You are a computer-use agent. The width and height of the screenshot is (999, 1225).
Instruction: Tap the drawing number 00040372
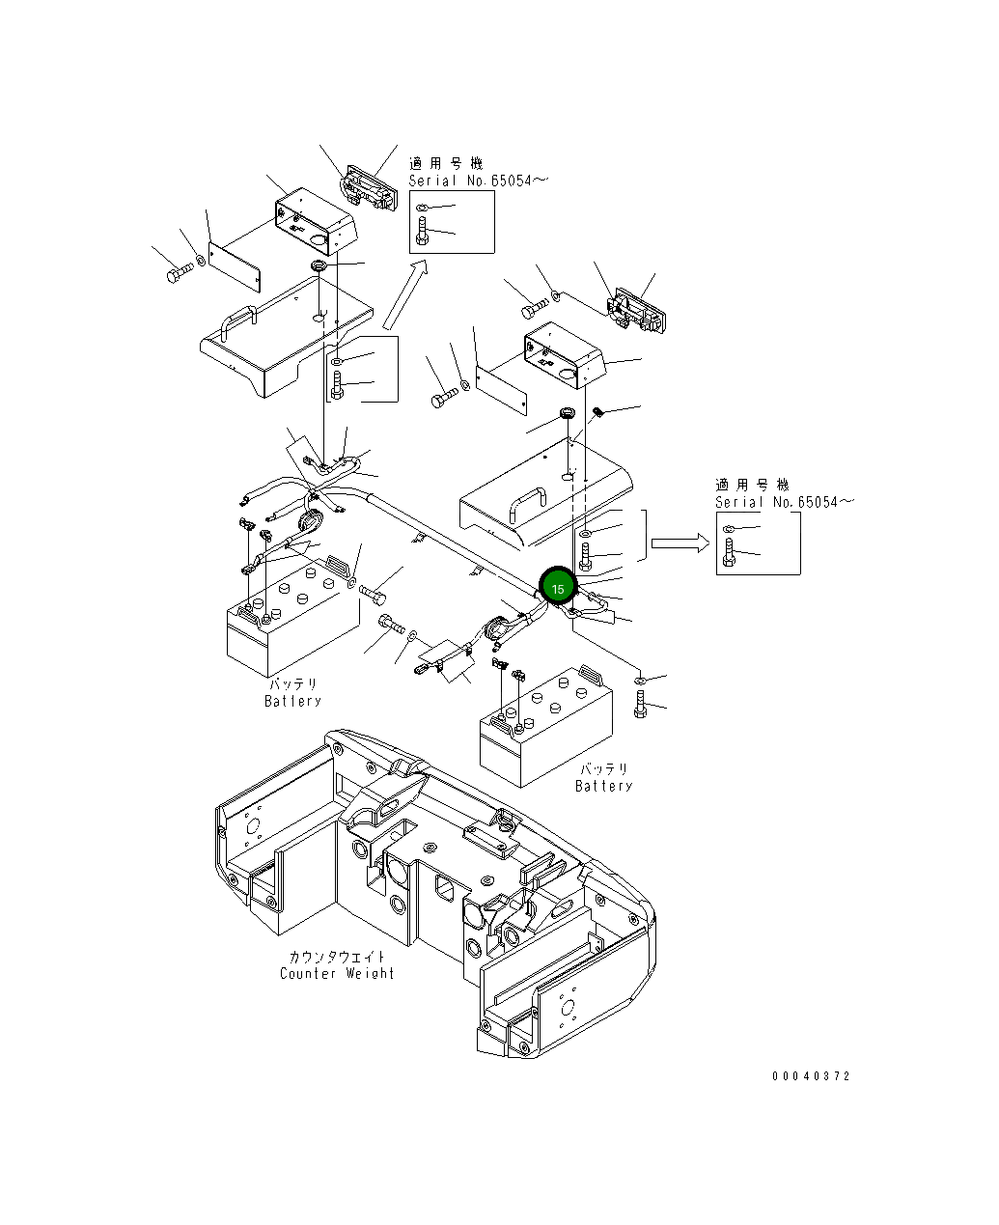coord(811,1076)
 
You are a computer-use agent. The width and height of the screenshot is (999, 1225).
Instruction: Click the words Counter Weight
coord(337,973)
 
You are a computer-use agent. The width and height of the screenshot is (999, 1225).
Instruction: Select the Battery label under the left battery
coord(292,701)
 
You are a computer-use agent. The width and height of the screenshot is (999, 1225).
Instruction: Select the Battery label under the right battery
coord(604,786)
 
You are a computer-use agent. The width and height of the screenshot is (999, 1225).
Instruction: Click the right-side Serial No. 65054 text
coord(784,502)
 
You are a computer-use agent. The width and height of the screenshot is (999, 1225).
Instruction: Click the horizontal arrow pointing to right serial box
coord(680,543)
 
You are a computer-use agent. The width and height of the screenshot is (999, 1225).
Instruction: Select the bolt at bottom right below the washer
coord(641,707)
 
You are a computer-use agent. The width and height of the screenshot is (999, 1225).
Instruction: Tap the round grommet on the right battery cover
coord(567,415)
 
